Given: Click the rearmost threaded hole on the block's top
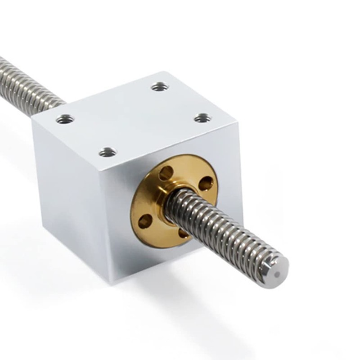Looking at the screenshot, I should [x=158, y=87].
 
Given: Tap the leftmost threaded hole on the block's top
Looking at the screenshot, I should [x=66, y=119].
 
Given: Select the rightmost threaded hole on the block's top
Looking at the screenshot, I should [x=202, y=118].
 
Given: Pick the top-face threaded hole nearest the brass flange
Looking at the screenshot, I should [x=108, y=152].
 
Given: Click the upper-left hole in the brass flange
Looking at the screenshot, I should [x=166, y=172].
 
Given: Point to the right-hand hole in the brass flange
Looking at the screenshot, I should [x=206, y=183].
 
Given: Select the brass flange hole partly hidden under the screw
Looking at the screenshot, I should [x=184, y=233].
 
